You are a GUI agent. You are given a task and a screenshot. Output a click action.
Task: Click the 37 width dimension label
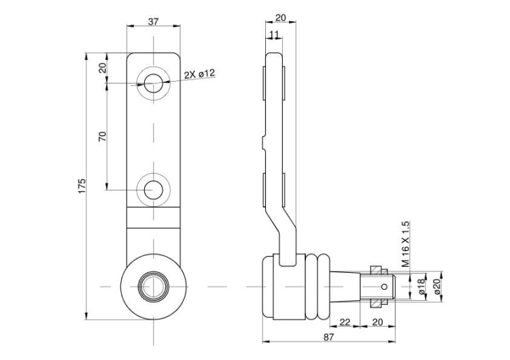(x=153, y=22)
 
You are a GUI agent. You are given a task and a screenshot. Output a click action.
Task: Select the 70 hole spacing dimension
(x=103, y=135)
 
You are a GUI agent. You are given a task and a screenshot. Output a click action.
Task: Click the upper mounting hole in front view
(x=154, y=84)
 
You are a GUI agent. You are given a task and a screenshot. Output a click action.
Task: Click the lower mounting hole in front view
(x=154, y=189)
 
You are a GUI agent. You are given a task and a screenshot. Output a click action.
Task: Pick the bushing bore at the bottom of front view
(x=154, y=287)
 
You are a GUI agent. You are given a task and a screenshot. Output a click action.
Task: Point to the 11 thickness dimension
(x=274, y=34)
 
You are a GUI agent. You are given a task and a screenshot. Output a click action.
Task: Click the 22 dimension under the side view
(x=345, y=321)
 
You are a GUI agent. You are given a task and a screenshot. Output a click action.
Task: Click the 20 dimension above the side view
(x=280, y=18)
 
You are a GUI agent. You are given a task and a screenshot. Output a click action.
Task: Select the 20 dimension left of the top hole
(x=103, y=68)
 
